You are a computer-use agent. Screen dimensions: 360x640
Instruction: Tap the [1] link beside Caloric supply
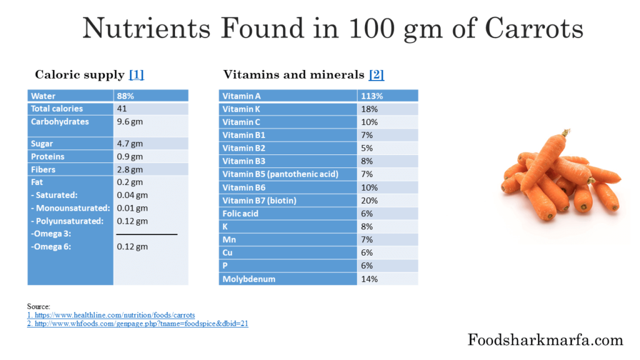point(136,75)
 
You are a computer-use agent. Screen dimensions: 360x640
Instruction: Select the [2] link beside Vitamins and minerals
point(376,75)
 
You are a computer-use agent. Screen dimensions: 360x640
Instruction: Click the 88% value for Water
point(126,96)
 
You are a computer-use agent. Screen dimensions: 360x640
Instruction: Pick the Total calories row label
point(57,109)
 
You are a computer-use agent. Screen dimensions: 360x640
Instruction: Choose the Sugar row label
point(42,144)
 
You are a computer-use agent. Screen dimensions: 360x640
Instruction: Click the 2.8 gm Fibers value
point(130,169)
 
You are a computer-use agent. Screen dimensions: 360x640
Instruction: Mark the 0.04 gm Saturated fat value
point(132,195)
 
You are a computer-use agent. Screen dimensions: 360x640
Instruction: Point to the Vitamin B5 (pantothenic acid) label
point(280,174)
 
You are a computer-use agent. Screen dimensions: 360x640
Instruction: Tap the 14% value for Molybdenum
point(369,279)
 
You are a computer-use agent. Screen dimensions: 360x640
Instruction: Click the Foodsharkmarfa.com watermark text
point(545,340)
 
